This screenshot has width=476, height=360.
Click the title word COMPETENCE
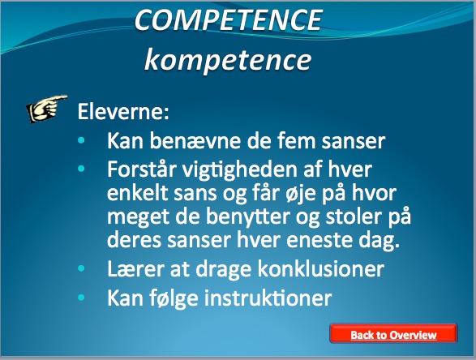point(229,19)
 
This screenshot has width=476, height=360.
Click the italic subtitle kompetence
point(228,60)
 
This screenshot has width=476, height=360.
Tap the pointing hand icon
point(46,109)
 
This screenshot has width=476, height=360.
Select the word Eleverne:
point(123,112)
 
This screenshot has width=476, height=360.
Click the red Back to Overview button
point(393,333)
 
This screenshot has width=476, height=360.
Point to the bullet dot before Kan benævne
point(81,140)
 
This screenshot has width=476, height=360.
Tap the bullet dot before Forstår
point(81,169)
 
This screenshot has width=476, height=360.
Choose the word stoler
point(354,216)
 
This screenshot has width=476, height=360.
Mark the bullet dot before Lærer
point(81,268)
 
